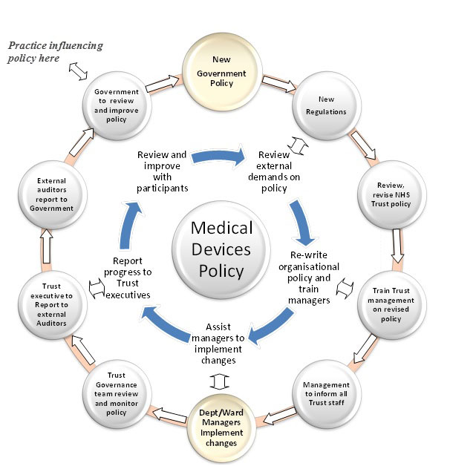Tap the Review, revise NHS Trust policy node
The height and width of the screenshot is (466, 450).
point(391,193)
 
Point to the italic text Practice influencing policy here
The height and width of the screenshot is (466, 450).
point(55,52)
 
